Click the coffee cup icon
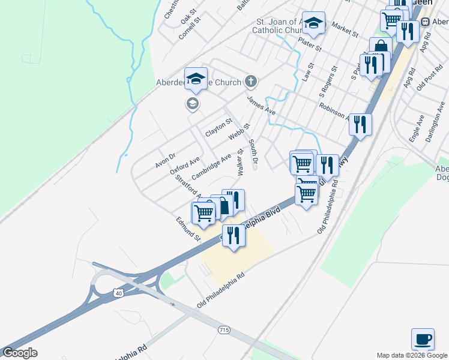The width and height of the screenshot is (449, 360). (423, 339)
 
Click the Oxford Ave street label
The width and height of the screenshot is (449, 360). (185, 164)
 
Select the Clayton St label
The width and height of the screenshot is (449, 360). (218, 127)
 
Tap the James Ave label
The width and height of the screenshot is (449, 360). (261, 104)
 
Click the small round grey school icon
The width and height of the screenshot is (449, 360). (192, 104)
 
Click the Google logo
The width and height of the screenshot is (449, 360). (20, 353)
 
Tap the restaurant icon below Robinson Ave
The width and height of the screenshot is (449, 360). (360, 125)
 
